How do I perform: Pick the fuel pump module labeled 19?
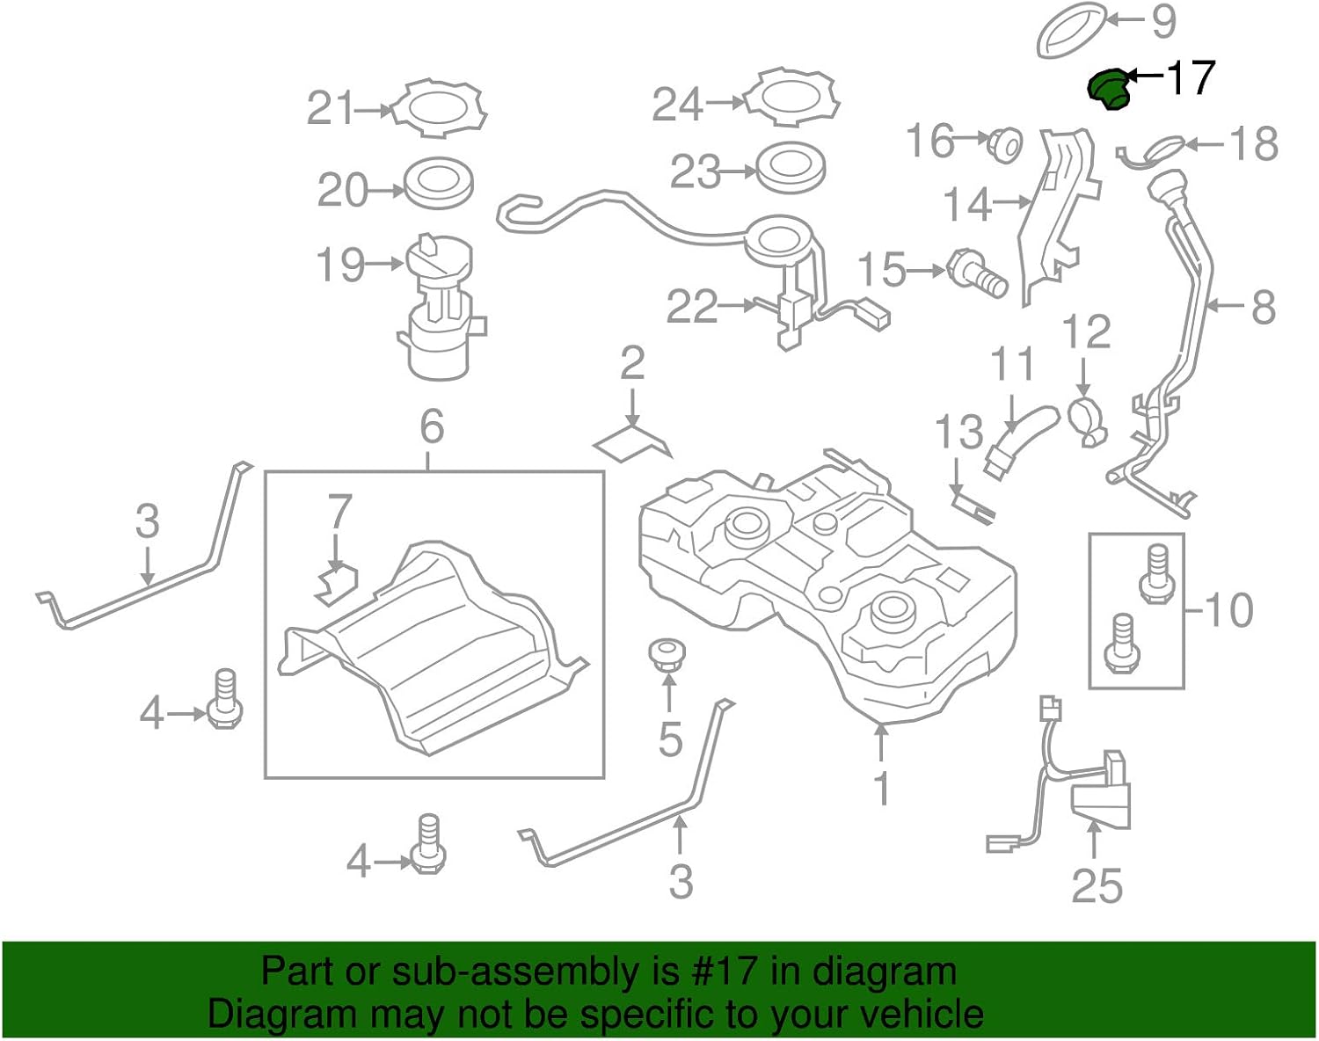tap(438, 308)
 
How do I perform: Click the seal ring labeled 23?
tap(791, 167)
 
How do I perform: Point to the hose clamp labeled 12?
tap(1087, 419)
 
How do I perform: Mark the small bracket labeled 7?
tap(336, 583)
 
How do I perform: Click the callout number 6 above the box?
tap(432, 427)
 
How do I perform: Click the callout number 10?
tap(1228, 609)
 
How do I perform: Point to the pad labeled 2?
tap(631, 440)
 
